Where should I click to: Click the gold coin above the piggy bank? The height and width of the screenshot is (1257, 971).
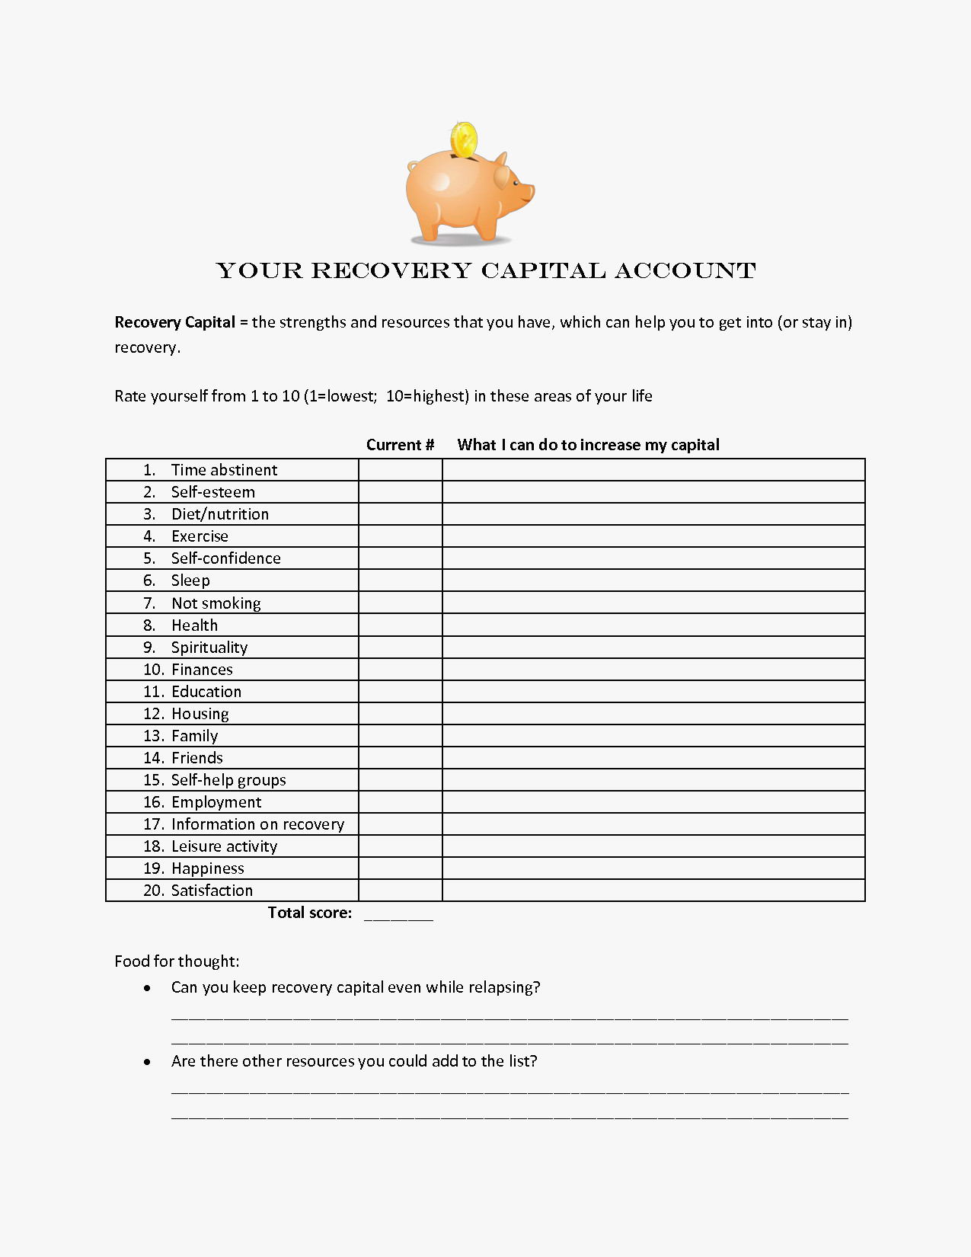(463, 140)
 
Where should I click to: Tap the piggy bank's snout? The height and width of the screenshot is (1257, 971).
(526, 191)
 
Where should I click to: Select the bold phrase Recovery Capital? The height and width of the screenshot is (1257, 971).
(174, 322)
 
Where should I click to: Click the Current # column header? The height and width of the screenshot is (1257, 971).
(400, 445)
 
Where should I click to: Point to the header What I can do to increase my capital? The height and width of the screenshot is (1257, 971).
(588, 445)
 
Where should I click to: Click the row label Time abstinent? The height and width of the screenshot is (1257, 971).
(224, 470)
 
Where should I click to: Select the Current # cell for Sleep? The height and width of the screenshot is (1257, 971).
(400, 581)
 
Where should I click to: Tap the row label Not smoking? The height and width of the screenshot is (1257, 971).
(216, 603)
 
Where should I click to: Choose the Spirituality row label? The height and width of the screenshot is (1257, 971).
(209, 648)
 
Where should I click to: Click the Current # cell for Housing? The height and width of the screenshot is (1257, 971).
(400, 714)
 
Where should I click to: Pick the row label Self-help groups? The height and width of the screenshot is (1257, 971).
(228, 780)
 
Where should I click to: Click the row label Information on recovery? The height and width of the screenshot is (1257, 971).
(257, 824)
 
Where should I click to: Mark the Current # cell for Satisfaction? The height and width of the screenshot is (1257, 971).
(400, 891)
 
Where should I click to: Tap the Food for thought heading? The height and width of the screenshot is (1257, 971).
(177, 961)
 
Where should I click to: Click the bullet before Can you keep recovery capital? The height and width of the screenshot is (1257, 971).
(147, 988)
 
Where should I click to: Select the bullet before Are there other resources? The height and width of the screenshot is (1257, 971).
(147, 1062)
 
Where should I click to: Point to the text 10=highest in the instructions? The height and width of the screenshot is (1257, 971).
(426, 396)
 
